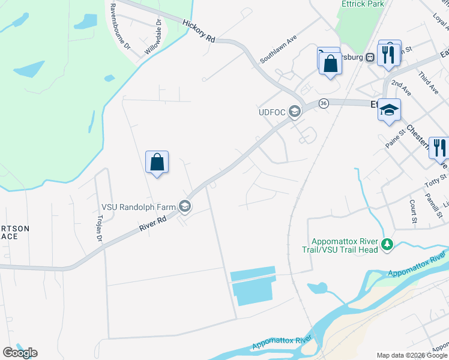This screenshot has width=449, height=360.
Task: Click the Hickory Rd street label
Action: tap(199, 29)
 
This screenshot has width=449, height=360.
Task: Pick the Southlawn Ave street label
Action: tap(279, 49)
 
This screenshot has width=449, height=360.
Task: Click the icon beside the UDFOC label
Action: tap(295, 112)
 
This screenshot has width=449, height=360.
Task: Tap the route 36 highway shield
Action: tap(324, 103)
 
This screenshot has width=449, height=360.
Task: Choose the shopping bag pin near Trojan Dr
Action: tap(157, 162)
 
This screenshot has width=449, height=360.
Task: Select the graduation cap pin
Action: tap(389, 110)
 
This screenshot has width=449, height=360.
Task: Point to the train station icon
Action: tap(370, 58)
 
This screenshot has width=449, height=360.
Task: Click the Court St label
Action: tap(414, 212)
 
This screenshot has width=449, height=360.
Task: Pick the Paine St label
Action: tap(392, 141)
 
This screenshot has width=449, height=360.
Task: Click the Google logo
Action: tap(20, 353)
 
